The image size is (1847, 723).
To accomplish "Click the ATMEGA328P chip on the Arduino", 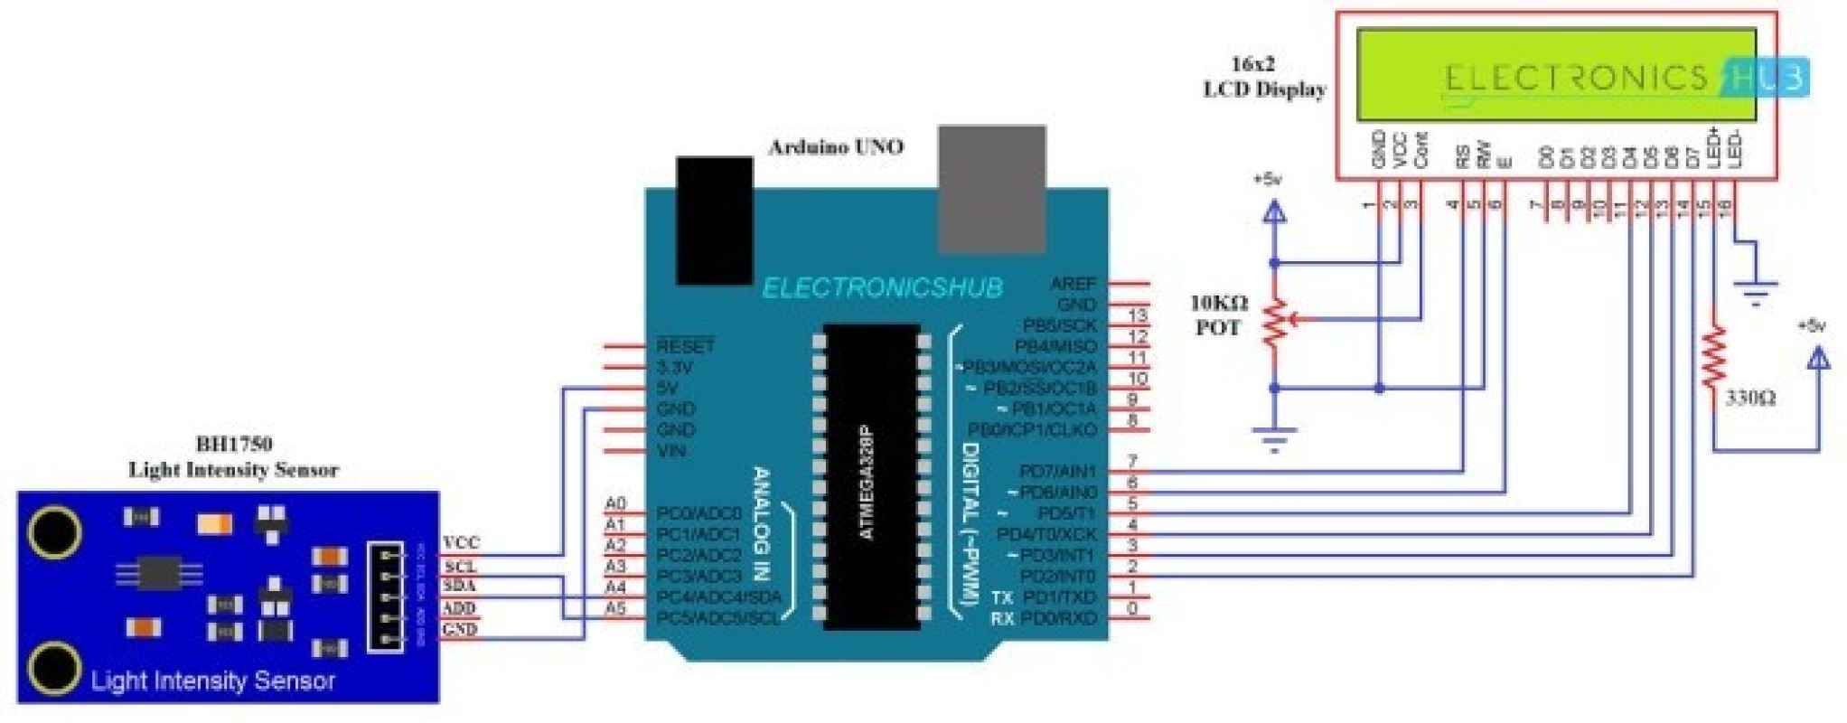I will [x=871, y=476].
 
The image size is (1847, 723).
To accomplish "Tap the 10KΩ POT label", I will [x=1219, y=315].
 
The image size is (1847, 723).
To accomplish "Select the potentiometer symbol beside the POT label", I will [x=1275, y=323].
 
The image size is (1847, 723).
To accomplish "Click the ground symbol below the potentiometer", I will [x=1274, y=439].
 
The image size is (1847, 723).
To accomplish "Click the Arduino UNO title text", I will [x=835, y=146].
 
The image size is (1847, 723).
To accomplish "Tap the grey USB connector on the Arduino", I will [x=991, y=188].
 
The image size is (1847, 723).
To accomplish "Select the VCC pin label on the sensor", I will [x=461, y=542].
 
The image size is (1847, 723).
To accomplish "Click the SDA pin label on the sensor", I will [x=460, y=586].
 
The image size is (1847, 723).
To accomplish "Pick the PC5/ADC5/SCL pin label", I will [x=718, y=618].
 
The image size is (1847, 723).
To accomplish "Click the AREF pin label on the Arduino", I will [x=1073, y=284].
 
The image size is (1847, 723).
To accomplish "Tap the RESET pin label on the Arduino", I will [x=685, y=346].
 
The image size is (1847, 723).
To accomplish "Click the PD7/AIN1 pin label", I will [x=1057, y=471].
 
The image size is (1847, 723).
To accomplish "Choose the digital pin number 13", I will [x=1137, y=315].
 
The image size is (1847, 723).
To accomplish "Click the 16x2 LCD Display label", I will [x=1264, y=78].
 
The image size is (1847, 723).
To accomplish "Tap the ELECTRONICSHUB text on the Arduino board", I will [x=882, y=287].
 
